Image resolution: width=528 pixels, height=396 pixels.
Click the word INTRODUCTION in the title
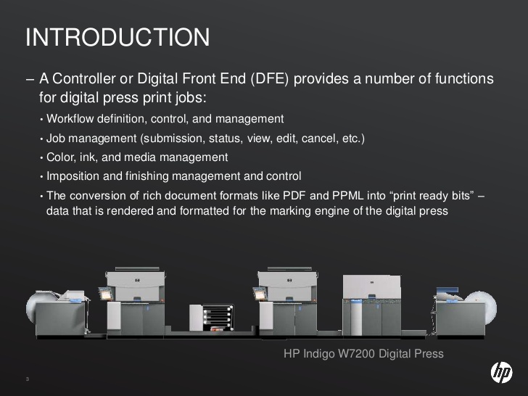point(117,37)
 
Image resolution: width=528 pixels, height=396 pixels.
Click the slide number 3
point(27,380)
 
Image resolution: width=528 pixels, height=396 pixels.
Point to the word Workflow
point(69,119)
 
